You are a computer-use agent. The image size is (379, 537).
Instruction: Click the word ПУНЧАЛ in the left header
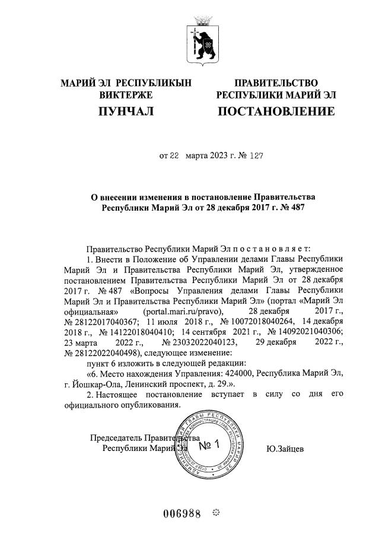click(126, 111)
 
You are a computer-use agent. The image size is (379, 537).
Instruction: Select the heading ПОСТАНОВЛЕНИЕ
click(276, 111)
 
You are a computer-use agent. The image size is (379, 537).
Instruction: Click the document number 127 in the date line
click(254, 157)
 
